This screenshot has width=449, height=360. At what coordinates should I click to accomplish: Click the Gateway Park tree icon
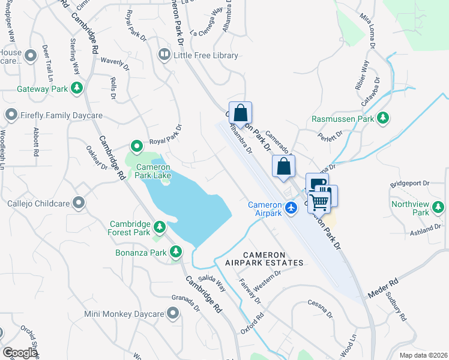[x=76, y=89]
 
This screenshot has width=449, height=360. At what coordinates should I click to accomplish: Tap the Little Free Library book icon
[x=163, y=55]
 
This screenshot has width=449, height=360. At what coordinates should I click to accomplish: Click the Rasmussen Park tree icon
[x=383, y=119]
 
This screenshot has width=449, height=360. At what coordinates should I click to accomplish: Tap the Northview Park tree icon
[x=439, y=208]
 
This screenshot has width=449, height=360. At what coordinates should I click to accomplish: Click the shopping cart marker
[x=320, y=202]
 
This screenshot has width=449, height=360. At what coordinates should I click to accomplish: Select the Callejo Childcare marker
[x=78, y=203]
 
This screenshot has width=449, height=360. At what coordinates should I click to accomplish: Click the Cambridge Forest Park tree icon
[x=160, y=227]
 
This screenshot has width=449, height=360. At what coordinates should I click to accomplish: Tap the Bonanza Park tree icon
[x=176, y=253]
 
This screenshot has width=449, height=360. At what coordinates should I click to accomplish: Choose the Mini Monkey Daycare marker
[x=173, y=313]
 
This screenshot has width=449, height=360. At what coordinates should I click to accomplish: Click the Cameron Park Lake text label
[x=153, y=171]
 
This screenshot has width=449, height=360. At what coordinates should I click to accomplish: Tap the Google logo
[x=20, y=353]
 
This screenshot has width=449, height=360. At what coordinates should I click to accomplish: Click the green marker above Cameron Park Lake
[x=137, y=145]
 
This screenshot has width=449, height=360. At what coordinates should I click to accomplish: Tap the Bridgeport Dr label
[x=411, y=183]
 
